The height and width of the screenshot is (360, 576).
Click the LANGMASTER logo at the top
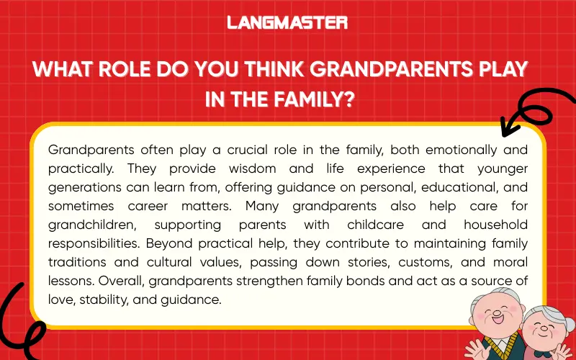coord(287,22)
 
